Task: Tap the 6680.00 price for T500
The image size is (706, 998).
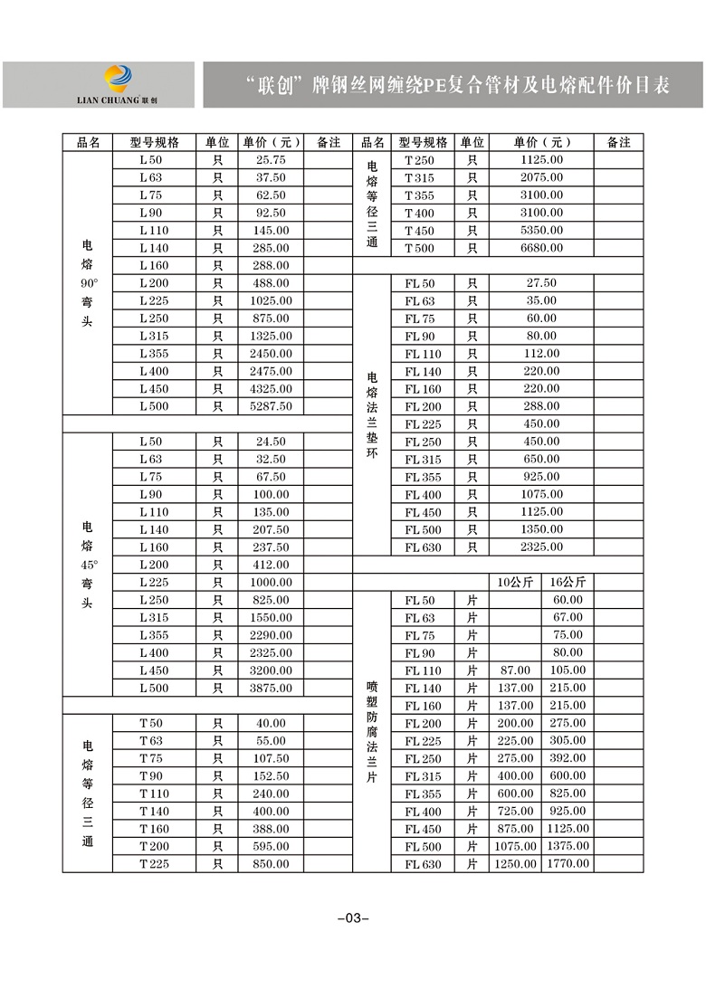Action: point(541,248)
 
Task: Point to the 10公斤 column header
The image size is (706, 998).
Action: point(514,582)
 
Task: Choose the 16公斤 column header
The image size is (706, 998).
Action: point(568,582)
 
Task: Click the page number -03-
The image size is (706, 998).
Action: point(353,918)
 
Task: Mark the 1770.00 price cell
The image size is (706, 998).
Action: point(568,864)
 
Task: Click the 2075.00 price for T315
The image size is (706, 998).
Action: point(541,177)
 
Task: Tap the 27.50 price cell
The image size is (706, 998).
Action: point(541,283)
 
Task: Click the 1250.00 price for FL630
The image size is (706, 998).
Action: point(514,864)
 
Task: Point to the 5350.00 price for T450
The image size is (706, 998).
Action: point(541,231)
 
